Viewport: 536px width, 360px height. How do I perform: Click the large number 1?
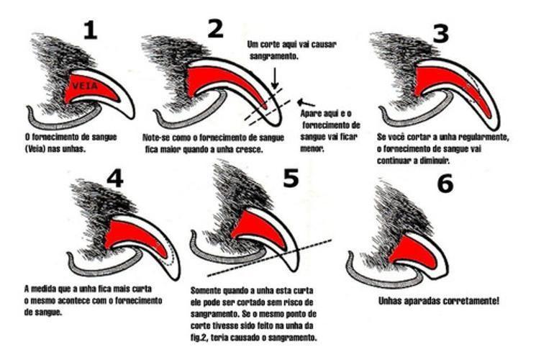89,30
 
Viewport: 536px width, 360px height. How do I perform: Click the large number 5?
291,177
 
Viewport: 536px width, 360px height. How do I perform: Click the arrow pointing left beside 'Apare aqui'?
306,102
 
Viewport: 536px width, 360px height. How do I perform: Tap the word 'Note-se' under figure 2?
156,137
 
